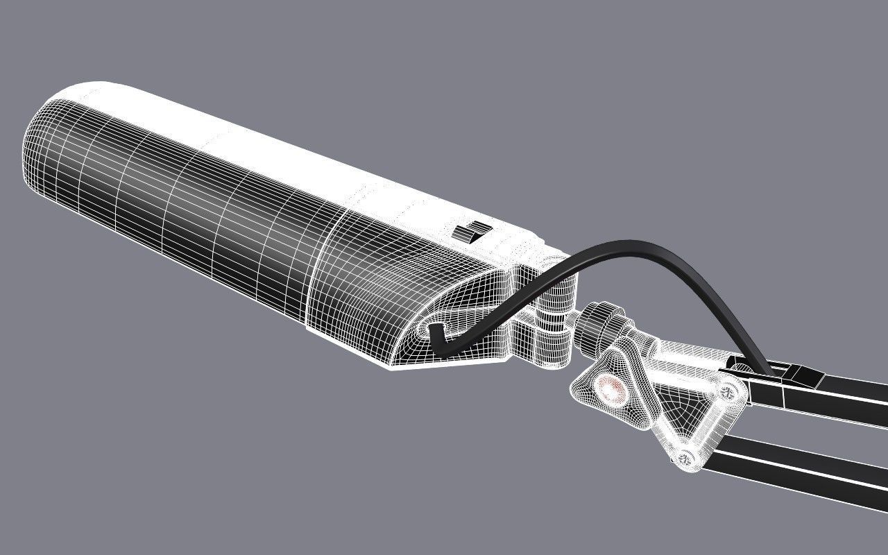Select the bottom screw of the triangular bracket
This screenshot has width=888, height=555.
coord(686,456)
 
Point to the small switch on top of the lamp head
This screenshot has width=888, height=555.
coord(472,232)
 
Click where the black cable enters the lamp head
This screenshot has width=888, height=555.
coord(436,339)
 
